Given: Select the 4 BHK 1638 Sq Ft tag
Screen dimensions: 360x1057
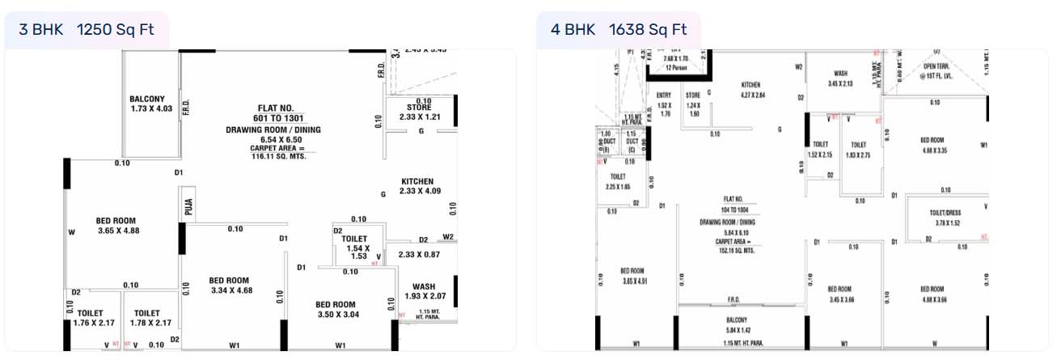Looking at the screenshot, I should click(619, 30).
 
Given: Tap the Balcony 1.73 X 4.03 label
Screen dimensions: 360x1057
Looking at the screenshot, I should click(152, 104).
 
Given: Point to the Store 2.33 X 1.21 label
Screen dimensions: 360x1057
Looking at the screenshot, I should click(417, 112).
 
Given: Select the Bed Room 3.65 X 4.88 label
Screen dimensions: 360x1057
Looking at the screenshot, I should click(116, 226).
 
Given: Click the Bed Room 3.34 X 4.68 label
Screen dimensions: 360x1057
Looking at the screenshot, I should click(229, 286).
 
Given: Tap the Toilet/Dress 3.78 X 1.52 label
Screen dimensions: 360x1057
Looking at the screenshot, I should click(939, 218).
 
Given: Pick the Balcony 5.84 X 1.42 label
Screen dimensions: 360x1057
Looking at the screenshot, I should click(742, 325).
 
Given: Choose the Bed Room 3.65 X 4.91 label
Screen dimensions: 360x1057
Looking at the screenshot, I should click(632, 276).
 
